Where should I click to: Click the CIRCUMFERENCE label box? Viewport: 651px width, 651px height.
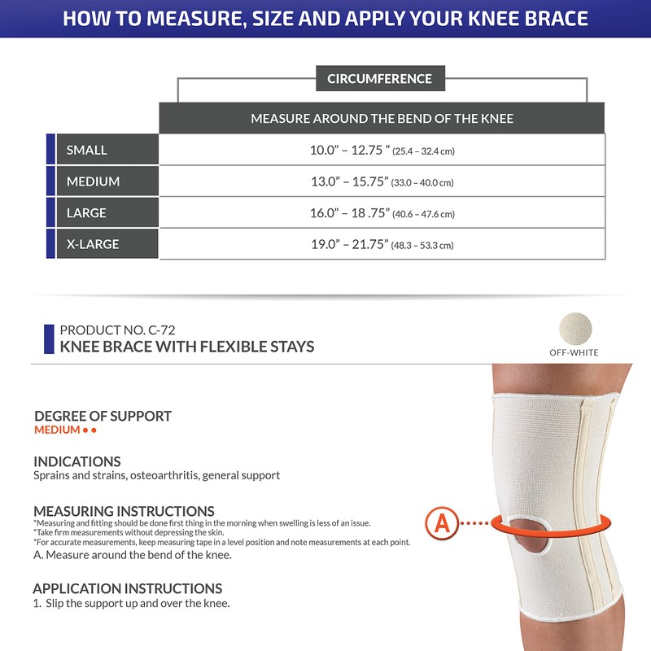pyautogui.click(x=379, y=79)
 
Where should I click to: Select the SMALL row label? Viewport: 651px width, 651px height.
pyautogui.click(x=87, y=150)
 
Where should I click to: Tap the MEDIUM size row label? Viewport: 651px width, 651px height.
pyautogui.click(x=93, y=181)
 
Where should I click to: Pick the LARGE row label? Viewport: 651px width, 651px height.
pyautogui.click(x=86, y=212)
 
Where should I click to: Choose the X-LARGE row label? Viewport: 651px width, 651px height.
pyautogui.click(x=93, y=244)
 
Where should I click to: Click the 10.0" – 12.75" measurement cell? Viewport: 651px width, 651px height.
pyautogui.click(x=382, y=150)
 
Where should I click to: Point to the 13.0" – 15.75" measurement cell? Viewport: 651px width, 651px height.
pyautogui.click(x=382, y=181)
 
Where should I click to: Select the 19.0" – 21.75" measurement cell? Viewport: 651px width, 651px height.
pyautogui.click(x=382, y=244)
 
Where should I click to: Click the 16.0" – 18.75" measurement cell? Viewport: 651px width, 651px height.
pyautogui.click(x=382, y=213)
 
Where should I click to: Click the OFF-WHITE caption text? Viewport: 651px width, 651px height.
pyautogui.click(x=575, y=352)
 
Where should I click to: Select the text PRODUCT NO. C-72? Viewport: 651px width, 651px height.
pyautogui.click(x=117, y=330)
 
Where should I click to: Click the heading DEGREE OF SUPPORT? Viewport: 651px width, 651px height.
pyautogui.click(x=103, y=416)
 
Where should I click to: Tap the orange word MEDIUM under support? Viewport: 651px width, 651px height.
pyautogui.click(x=57, y=430)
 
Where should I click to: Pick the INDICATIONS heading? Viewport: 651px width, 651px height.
pyautogui.click(x=77, y=461)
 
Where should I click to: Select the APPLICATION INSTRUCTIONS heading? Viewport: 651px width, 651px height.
pyautogui.click(x=127, y=588)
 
